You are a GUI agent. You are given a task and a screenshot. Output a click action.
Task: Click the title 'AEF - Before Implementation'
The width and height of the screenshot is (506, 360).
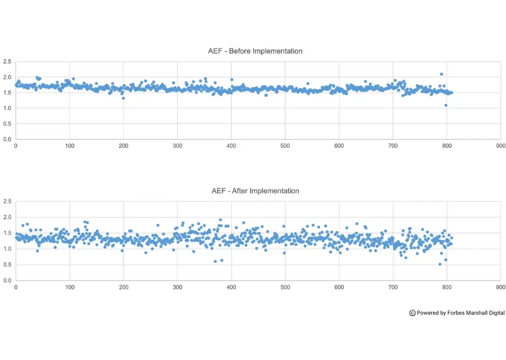pyautogui.click(x=255, y=51)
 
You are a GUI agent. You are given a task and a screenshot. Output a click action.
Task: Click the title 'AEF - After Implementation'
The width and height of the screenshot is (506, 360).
pyautogui.click(x=255, y=191)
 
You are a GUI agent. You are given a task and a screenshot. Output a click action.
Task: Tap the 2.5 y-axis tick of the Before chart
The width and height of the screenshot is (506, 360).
pyautogui.click(x=7, y=62)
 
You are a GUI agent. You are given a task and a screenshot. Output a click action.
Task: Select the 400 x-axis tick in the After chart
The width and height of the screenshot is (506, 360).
pyautogui.click(x=231, y=288)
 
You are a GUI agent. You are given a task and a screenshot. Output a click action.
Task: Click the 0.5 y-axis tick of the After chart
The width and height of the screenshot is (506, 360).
pyautogui.click(x=7, y=265)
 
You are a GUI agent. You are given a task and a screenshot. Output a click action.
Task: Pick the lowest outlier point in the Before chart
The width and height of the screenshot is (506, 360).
pyautogui.click(x=446, y=105)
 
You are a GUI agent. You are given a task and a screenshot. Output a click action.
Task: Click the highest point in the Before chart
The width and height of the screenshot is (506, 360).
pyautogui.click(x=441, y=74)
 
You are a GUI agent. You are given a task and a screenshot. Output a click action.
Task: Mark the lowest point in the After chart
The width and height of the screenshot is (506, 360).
pyautogui.click(x=440, y=264)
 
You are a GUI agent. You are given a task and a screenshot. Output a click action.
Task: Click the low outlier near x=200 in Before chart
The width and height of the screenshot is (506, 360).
pyautogui.click(x=123, y=98)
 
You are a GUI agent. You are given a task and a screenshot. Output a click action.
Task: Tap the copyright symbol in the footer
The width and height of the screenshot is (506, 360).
pyautogui.click(x=412, y=313)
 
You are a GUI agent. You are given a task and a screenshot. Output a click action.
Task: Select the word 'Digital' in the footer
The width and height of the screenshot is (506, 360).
pyautogui.click(x=495, y=313)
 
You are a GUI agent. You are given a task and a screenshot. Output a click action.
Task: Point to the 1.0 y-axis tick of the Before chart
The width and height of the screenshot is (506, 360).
pyautogui.click(x=7, y=108)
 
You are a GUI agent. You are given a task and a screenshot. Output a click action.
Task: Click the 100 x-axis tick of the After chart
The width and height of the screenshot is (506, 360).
pyautogui.click(x=69, y=288)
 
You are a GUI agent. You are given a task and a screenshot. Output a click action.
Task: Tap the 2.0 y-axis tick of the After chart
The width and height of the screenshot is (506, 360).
pyautogui.click(x=7, y=217)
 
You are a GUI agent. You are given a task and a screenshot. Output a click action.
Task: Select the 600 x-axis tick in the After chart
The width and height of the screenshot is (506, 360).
pyautogui.click(x=339, y=288)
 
